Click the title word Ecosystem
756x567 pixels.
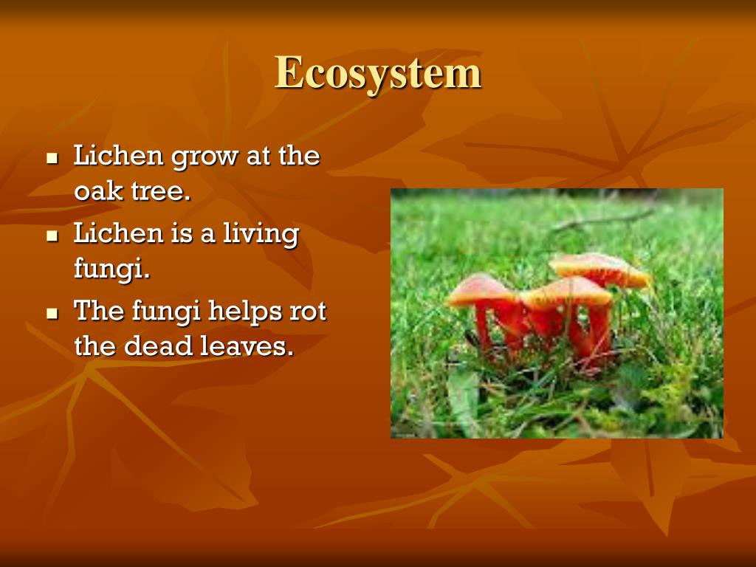point(378,73)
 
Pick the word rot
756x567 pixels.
point(306,312)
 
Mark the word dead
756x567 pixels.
point(158,346)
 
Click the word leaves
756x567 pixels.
point(243,346)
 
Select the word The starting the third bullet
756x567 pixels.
point(100,312)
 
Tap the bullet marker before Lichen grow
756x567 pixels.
point(52,158)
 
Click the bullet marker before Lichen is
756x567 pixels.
point(52,236)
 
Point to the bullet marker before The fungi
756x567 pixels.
point(52,312)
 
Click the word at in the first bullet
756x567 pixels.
point(258,157)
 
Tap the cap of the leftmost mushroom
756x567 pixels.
point(481,289)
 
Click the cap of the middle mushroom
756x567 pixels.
point(566,292)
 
